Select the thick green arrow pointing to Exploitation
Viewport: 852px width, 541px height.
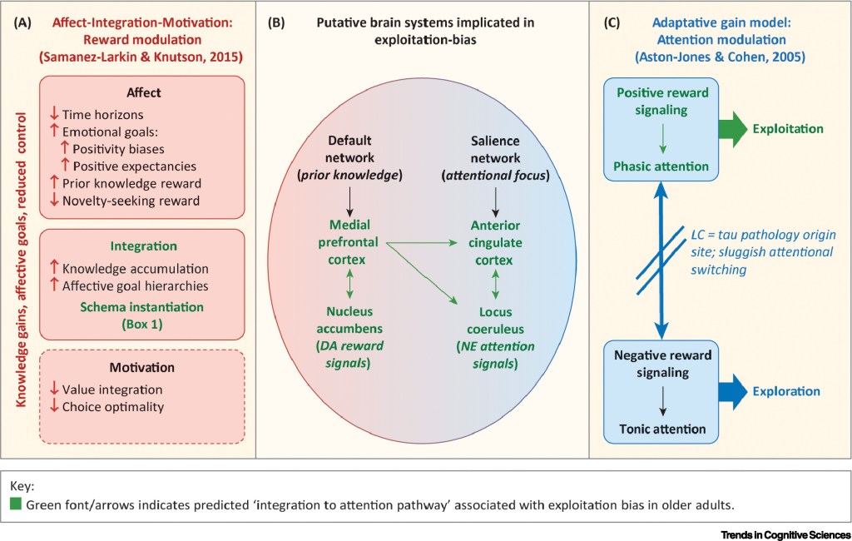[732, 129]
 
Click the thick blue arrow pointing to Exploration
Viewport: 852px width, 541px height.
[732, 392]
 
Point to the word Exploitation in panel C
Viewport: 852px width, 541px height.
[788, 129]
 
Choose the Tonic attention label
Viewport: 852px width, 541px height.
[662, 429]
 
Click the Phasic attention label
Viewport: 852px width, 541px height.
[662, 166]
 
